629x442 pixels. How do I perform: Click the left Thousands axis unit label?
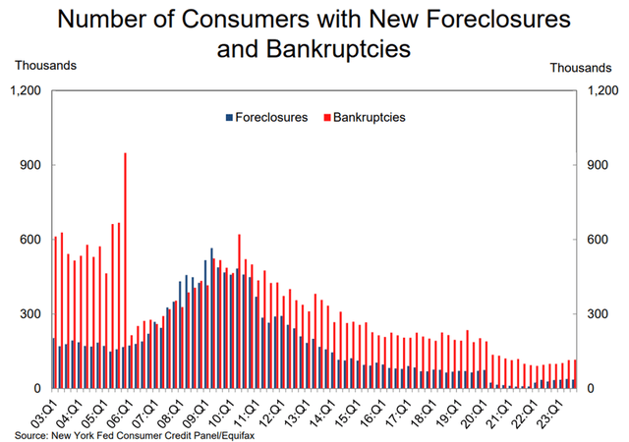(44, 67)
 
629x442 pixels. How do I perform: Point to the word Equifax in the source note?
(235, 433)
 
